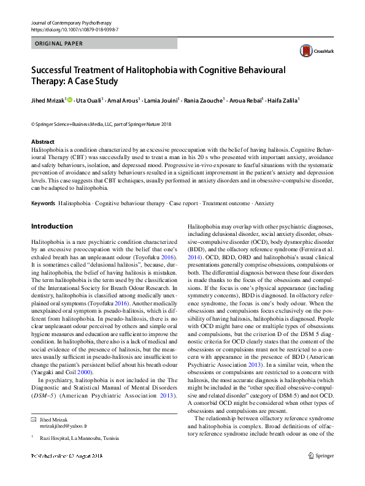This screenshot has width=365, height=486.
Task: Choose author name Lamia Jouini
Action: point(161,101)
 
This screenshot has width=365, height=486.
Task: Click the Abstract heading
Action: point(42,141)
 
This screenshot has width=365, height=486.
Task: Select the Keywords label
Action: point(43,203)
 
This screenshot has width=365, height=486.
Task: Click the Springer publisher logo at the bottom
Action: point(322,472)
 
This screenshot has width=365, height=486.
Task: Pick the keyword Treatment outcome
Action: point(226,203)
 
